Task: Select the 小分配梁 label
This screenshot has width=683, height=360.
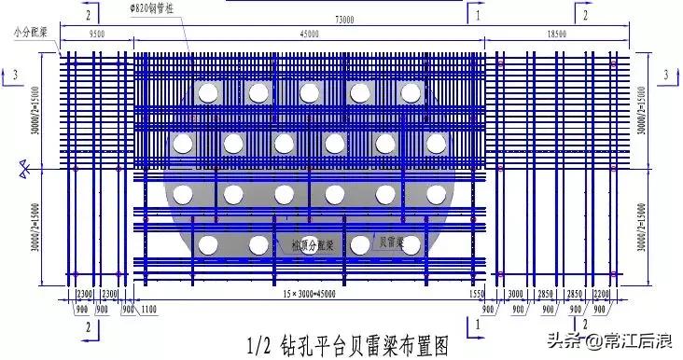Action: click(x=31, y=31)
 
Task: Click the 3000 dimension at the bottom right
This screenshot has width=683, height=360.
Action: click(x=516, y=294)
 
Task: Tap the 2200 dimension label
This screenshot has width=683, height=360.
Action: click(x=601, y=294)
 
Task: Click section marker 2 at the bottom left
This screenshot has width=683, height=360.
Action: click(x=88, y=326)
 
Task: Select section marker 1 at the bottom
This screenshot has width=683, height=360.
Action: click(x=477, y=326)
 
